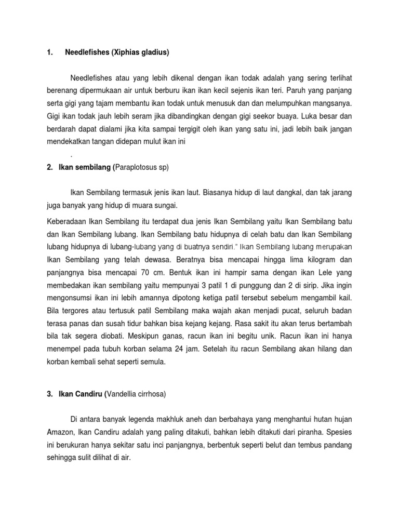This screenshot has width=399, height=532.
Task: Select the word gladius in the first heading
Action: (x=155, y=52)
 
